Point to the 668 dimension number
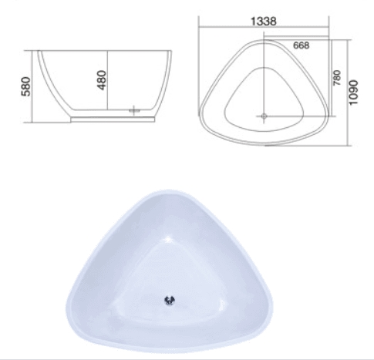tap(301, 45)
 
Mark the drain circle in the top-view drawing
tap(264, 116)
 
